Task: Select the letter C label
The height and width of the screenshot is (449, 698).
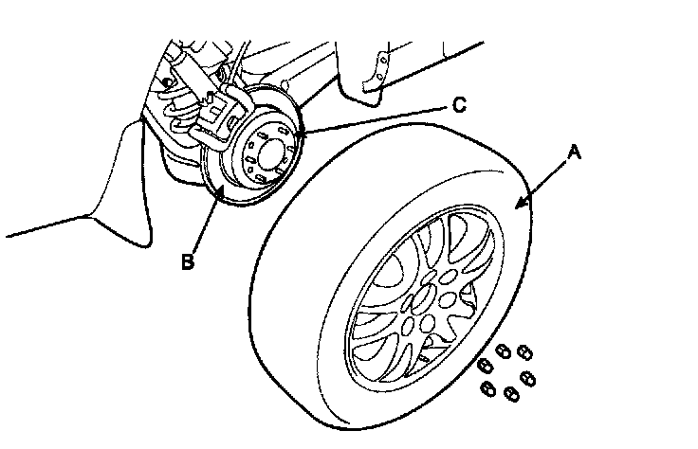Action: [458, 105]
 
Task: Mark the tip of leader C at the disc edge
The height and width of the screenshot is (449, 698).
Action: [297, 139]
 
